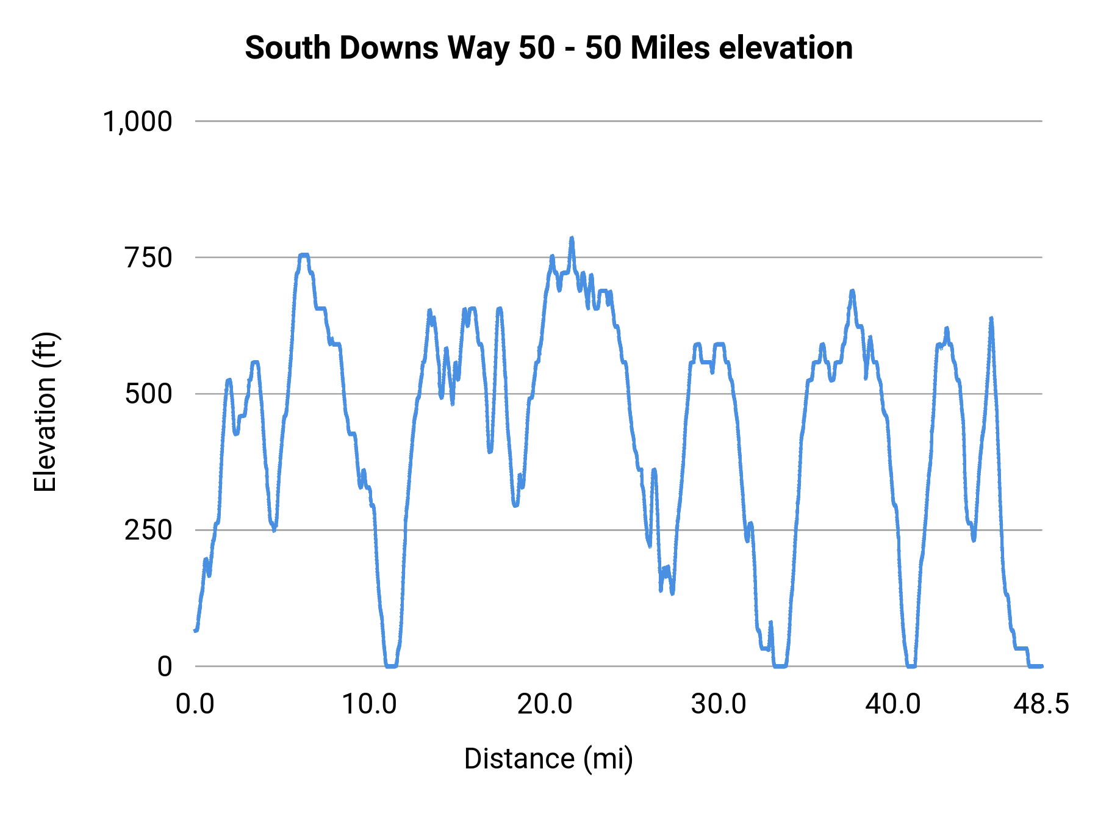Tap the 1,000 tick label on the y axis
tap(138, 121)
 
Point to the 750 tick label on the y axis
tap(148, 258)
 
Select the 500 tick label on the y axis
tap(148, 394)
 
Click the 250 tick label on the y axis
tap(148, 530)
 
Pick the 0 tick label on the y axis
tap(165, 667)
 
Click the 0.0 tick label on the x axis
tap(195, 704)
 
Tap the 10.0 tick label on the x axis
tap(369, 704)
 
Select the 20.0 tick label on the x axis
tap(544, 704)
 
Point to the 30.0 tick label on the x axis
tap(719, 704)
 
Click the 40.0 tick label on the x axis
tap(893, 704)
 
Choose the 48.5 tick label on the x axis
tap(1041, 704)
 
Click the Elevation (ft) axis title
tap(45, 412)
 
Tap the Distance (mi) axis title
tap(548, 759)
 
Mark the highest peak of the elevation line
tap(572, 239)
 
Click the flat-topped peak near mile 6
tap(304, 255)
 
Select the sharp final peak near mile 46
tap(991, 319)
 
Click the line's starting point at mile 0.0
tap(196, 630)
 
